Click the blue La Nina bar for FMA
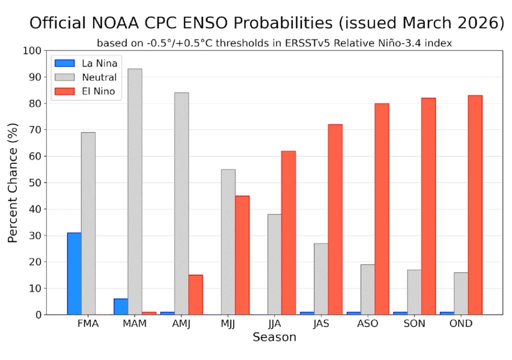tap(74, 273)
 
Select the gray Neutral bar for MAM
tap(134, 191)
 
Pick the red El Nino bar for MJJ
tap(242, 255)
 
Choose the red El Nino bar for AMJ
tap(195, 294)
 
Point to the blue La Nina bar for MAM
tap(120, 306)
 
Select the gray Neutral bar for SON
tap(414, 292)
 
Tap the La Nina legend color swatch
tap(63, 63)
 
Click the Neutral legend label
tap(99, 77)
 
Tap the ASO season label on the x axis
tap(367, 323)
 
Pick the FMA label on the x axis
tap(88, 323)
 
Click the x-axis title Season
tap(274, 337)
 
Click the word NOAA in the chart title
tap(131, 23)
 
